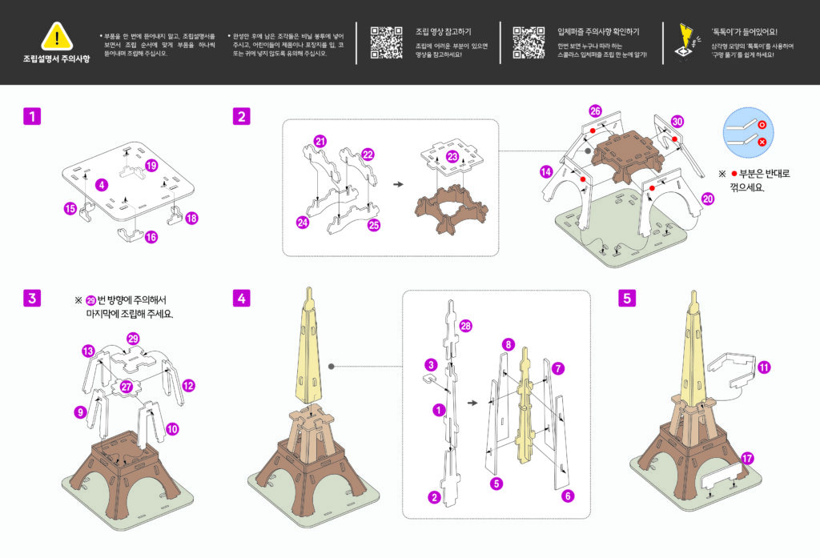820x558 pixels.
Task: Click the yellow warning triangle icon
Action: (57, 37)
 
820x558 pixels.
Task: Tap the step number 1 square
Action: (31, 117)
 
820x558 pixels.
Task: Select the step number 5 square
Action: (627, 298)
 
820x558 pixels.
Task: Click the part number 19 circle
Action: (152, 166)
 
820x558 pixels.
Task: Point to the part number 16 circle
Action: (151, 237)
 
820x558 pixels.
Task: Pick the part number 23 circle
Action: (453, 157)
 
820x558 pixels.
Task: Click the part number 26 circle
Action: (595, 110)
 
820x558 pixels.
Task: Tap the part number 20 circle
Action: (707, 199)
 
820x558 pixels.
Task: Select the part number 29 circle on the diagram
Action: (134, 339)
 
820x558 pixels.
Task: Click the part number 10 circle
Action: (172, 429)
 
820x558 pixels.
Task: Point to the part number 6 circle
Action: (568, 496)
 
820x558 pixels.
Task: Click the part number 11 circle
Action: (764, 367)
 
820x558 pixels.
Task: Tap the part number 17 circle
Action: (747, 458)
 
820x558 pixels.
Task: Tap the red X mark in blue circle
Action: (762, 142)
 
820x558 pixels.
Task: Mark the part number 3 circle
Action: (431, 364)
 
